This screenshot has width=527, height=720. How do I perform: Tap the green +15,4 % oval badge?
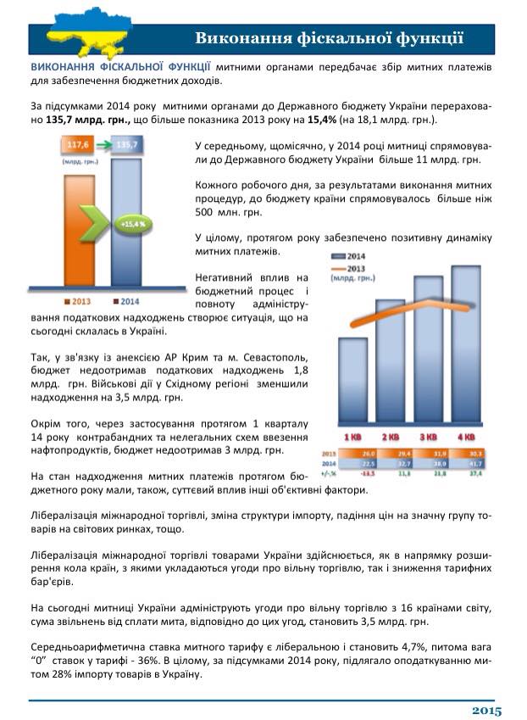(132, 224)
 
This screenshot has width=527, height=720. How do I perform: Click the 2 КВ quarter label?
(391, 437)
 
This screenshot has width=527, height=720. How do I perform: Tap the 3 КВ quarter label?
(429, 437)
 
